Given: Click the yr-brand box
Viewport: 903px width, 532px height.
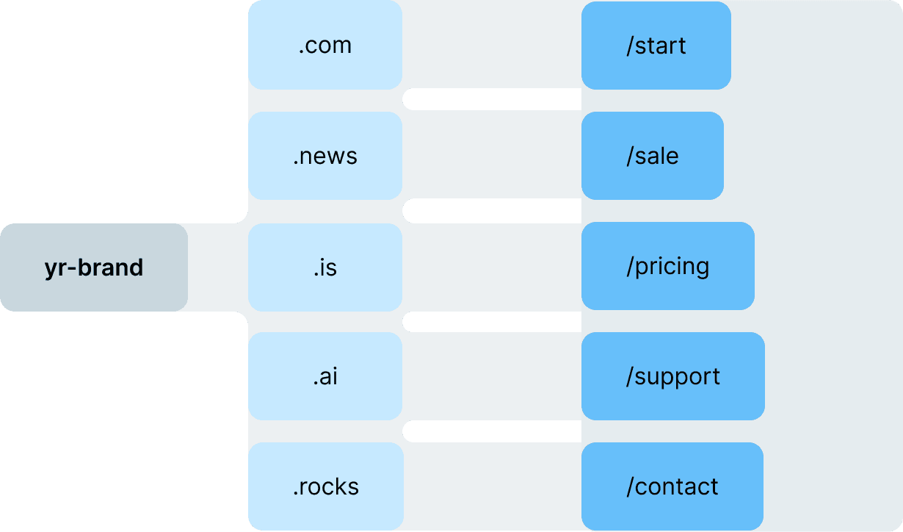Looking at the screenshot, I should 94,267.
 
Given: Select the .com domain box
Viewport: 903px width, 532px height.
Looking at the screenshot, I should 325,46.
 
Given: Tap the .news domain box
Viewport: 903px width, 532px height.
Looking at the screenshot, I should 325,156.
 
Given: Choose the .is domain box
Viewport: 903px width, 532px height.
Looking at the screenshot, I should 325,267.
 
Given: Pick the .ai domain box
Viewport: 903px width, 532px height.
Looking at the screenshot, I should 325,376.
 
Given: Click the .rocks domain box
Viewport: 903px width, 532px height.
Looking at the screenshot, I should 325,486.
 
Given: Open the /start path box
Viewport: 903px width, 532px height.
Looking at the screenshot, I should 656,46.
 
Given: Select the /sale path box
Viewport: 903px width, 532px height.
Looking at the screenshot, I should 652,156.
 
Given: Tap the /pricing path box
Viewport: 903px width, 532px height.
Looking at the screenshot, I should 667,266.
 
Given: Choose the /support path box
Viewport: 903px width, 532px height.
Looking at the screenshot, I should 672,376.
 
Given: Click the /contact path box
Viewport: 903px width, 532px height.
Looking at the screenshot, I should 672,486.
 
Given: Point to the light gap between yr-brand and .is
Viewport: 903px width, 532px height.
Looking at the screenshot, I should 218,267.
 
